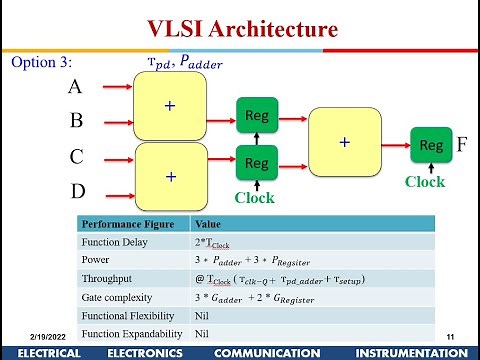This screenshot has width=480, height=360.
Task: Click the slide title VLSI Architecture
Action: tap(242, 29)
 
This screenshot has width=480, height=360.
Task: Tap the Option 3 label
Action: tap(41, 63)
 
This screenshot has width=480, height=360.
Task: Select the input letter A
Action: tap(74, 87)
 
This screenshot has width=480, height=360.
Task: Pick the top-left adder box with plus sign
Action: tap(170, 107)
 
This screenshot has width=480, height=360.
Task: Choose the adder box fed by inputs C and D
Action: tap(170, 175)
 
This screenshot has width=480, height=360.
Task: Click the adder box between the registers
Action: tap(344, 142)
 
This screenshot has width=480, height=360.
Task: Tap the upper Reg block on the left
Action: tap(256, 117)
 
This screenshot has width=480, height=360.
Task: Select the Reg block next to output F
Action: tap(430, 145)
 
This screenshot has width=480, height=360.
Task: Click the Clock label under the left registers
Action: tap(254, 198)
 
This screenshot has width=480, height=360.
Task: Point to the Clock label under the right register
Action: tap(425, 182)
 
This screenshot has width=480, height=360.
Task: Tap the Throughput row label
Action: tap(108, 278)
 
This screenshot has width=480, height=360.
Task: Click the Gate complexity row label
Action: tap(118, 297)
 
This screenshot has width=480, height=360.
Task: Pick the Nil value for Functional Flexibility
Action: tap(202, 315)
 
